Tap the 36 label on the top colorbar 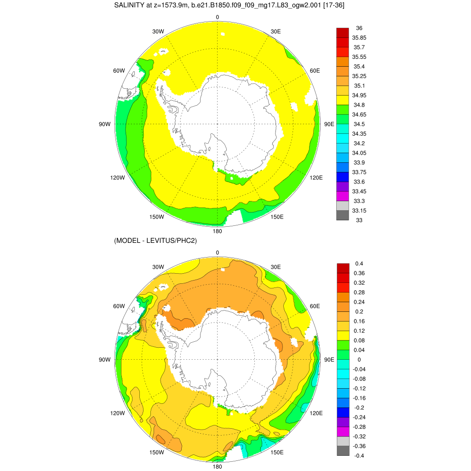click(359, 28)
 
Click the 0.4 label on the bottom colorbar click(359, 264)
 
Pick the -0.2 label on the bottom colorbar click(359, 408)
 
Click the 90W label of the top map click(105, 124)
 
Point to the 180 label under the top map click(218, 231)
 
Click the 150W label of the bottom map click(157, 452)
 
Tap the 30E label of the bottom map click(276, 267)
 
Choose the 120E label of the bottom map click(316, 413)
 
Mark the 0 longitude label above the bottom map click(218, 253)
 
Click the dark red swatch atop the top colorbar click(343, 33)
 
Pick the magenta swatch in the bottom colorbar click(343, 431)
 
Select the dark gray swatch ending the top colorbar click(343, 215)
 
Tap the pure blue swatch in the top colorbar click(343, 177)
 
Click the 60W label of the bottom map click(119, 306)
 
